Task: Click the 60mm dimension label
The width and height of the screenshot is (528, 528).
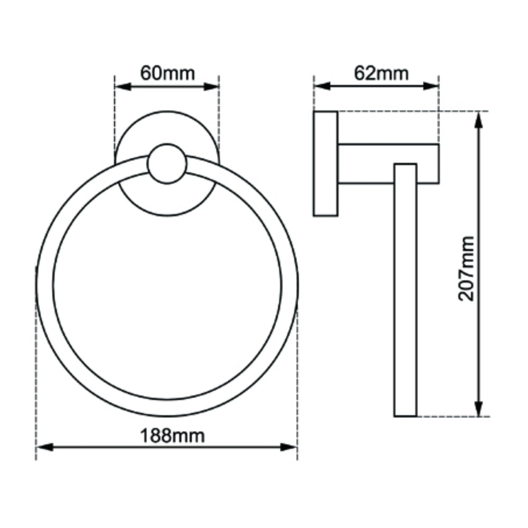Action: (167, 73)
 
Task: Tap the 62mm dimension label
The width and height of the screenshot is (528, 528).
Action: (381, 73)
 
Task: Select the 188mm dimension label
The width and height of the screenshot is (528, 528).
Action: (172, 436)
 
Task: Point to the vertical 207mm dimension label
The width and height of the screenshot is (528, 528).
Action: (467, 268)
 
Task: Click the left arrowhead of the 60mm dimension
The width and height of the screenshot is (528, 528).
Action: (123, 87)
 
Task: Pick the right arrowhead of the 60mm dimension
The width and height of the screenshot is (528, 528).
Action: (211, 87)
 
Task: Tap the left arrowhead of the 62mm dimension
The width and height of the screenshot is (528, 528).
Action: (322, 86)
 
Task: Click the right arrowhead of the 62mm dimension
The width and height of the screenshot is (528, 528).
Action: (431, 86)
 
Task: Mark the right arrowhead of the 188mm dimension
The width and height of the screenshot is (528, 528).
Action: (289, 447)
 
